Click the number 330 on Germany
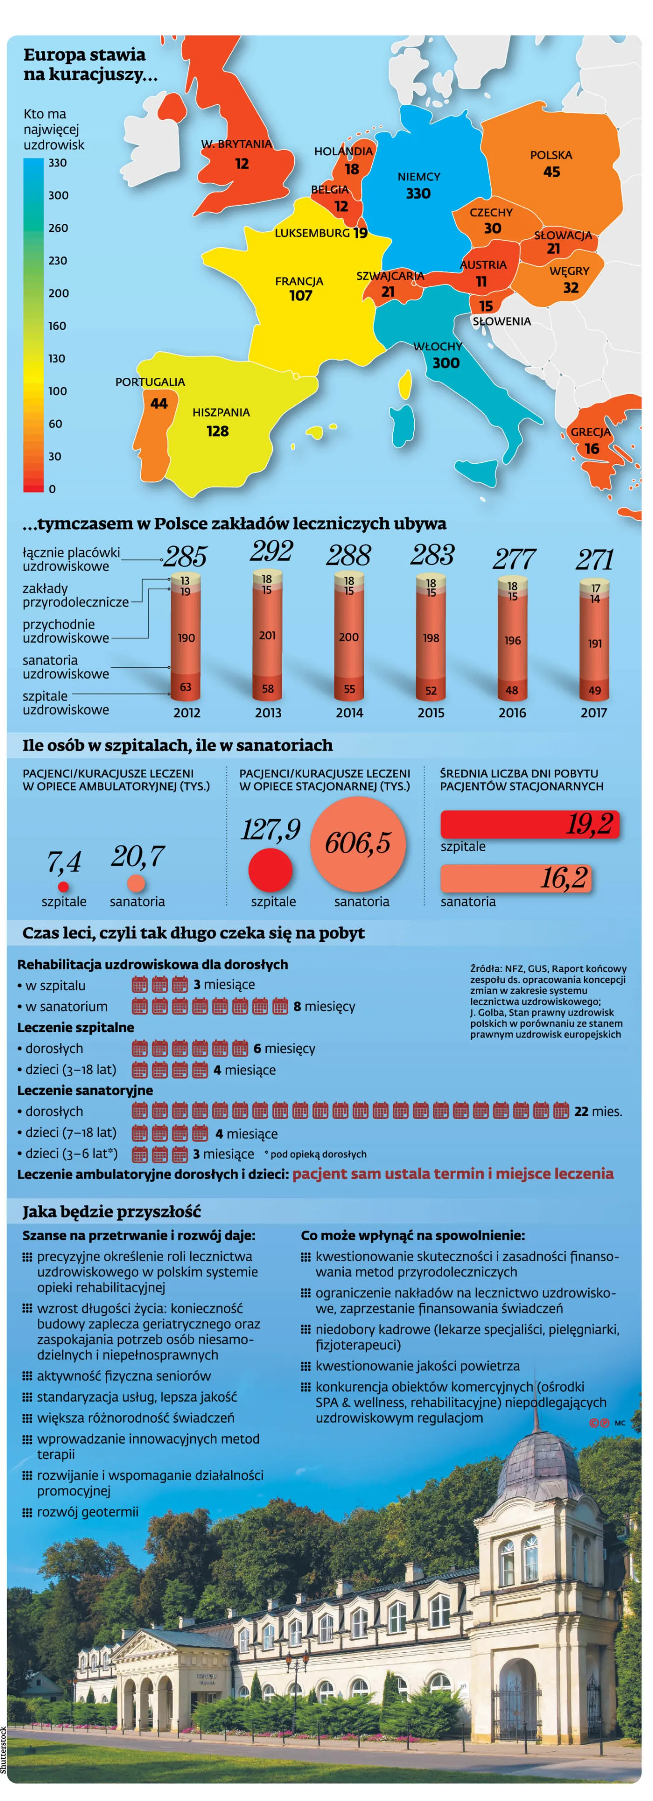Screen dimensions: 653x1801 (x=418, y=194)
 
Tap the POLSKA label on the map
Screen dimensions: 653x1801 (x=551, y=155)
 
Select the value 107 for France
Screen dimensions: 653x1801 (x=301, y=296)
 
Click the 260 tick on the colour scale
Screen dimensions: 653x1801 (x=58, y=228)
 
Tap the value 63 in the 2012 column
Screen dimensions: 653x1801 (x=185, y=687)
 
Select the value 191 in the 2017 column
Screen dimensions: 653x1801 (x=594, y=643)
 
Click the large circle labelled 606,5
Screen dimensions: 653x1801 (x=358, y=844)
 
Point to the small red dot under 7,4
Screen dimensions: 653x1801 (x=63, y=887)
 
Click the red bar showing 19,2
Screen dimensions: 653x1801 (x=530, y=824)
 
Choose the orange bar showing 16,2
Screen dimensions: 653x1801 (x=516, y=878)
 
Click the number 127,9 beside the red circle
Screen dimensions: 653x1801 (x=271, y=830)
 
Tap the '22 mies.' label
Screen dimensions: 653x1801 (x=598, y=1111)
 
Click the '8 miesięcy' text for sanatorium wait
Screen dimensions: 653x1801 (x=325, y=1006)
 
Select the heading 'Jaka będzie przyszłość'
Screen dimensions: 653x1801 (x=112, y=1211)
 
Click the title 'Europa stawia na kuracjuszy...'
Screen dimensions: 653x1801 (x=91, y=64)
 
